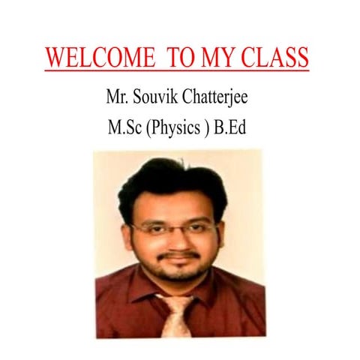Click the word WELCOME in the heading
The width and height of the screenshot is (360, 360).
(x=93, y=57)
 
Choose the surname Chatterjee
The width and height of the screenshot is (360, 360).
(x=223, y=97)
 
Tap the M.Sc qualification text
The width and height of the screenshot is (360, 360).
(x=125, y=127)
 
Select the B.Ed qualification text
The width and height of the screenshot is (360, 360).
(x=232, y=127)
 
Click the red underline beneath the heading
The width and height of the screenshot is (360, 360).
(x=176, y=70)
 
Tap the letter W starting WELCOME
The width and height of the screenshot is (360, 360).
(x=55, y=57)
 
